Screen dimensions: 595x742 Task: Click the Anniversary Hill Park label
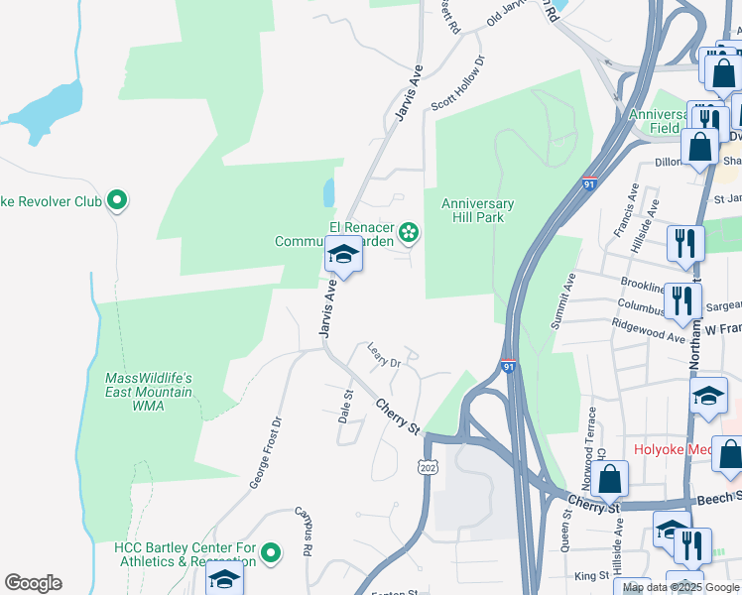point(477,212)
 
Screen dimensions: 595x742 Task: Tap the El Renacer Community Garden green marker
point(407,234)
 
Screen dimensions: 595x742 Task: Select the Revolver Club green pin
point(117,201)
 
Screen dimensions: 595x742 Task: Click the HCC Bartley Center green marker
point(274,551)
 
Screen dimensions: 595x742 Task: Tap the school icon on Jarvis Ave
point(343,255)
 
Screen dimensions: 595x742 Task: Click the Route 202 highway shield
point(428,466)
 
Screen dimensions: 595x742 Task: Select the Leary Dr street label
point(383,355)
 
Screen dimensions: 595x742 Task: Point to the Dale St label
point(347,407)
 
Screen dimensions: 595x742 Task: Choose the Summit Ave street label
point(569,296)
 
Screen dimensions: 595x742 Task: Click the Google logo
point(33,582)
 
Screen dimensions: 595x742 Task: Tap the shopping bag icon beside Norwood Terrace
point(611,477)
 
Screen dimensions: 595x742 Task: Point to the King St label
point(590,575)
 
